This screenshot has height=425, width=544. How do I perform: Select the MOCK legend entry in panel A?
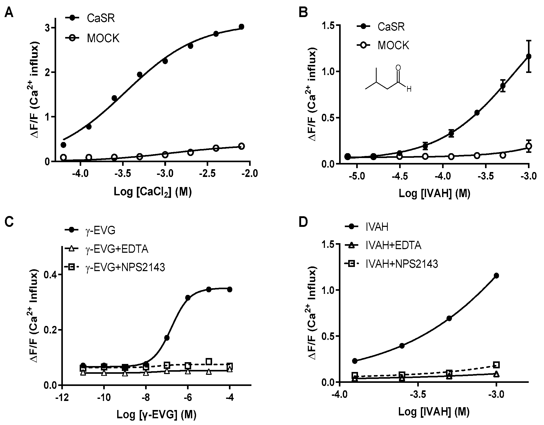103,38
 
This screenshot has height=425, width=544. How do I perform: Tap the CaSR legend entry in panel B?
391,26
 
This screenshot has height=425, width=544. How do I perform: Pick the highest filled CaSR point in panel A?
241,27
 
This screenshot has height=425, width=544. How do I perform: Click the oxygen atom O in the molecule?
398,68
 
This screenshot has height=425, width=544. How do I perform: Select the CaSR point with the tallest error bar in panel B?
528,56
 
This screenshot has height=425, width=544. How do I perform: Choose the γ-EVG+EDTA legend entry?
116,249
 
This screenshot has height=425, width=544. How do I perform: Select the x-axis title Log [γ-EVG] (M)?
156,415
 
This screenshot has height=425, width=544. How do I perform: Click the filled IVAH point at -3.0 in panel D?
496,276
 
